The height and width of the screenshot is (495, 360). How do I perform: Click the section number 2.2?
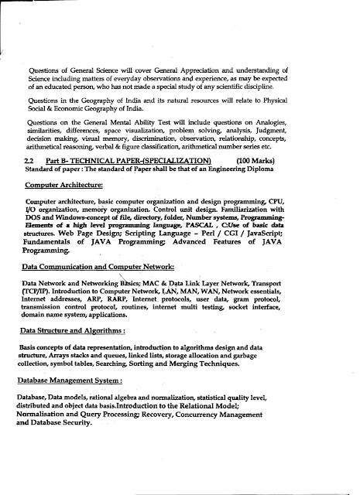pos(31,180)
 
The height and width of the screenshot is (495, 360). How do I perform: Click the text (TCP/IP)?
pos(36,310)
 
